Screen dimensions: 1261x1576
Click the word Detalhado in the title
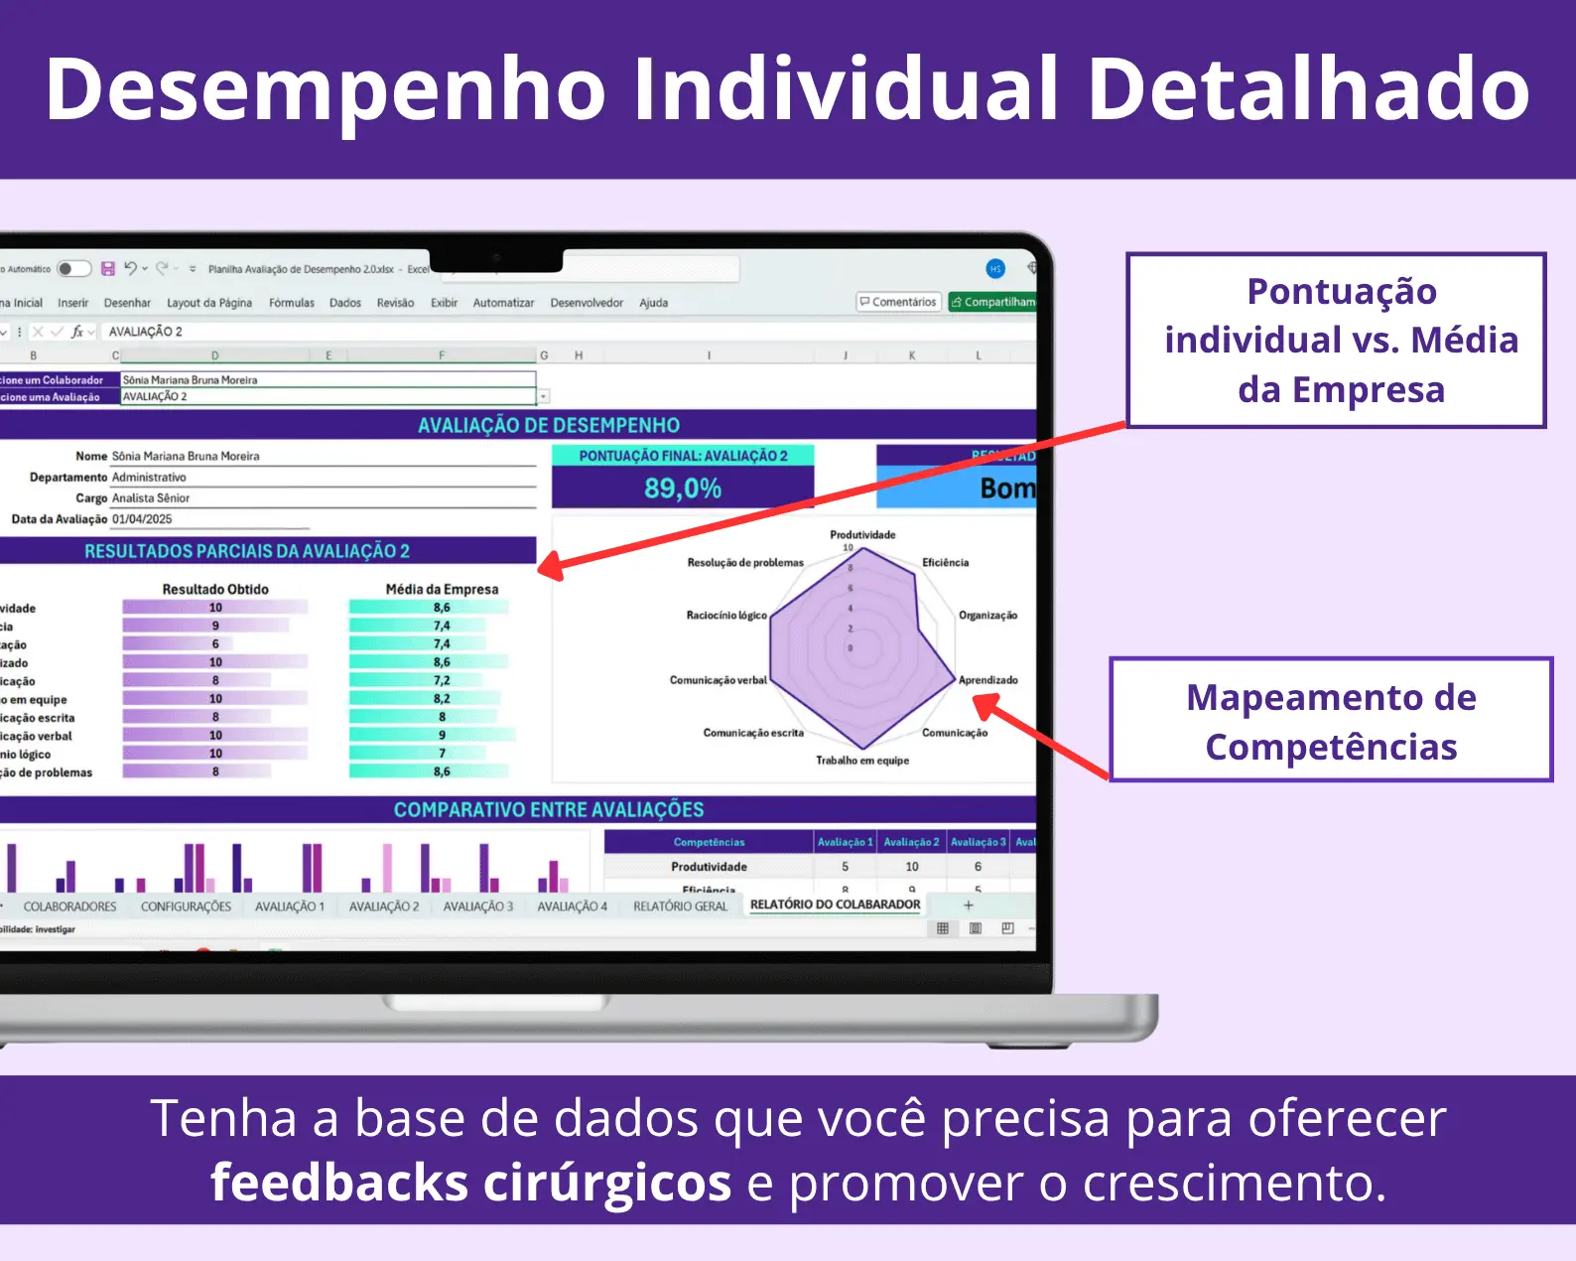tap(1308, 89)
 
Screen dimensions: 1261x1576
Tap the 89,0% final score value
tap(683, 489)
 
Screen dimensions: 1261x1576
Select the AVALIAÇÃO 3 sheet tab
tap(477, 907)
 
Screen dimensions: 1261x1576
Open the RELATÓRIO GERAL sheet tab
tap(680, 907)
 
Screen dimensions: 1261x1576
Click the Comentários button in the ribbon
tap(898, 302)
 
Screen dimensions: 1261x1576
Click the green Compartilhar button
tap(992, 302)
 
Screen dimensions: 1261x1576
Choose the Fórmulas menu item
tap(291, 303)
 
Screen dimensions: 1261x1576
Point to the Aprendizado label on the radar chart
tap(987, 680)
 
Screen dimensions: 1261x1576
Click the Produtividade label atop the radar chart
tap(862, 534)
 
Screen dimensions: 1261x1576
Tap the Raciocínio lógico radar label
tap(726, 616)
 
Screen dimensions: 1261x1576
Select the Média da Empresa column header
tap(442, 589)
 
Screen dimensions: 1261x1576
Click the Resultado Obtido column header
tap(215, 589)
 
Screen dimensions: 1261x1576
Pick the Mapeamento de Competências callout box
tap(1331, 721)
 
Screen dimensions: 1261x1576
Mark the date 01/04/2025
tap(142, 519)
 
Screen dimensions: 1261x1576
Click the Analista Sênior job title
tap(151, 498)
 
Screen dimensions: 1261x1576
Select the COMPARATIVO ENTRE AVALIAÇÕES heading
tap(548, 810)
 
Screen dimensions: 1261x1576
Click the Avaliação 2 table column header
tap(911, 842)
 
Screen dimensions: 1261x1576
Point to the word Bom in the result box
tap(1006, 489)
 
